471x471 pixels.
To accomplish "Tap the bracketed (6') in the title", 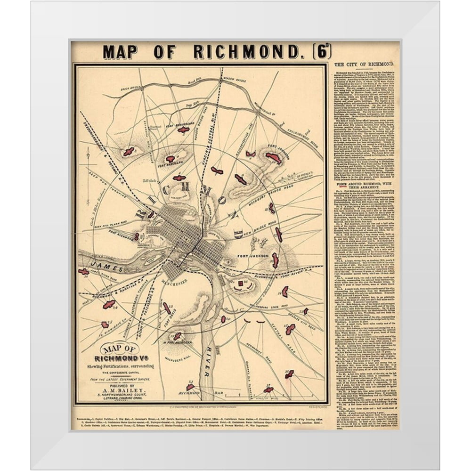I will (321, 51).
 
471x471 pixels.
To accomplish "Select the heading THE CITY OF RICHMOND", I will (364, 64).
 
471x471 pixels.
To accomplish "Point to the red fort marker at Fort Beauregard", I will (183, 130).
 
